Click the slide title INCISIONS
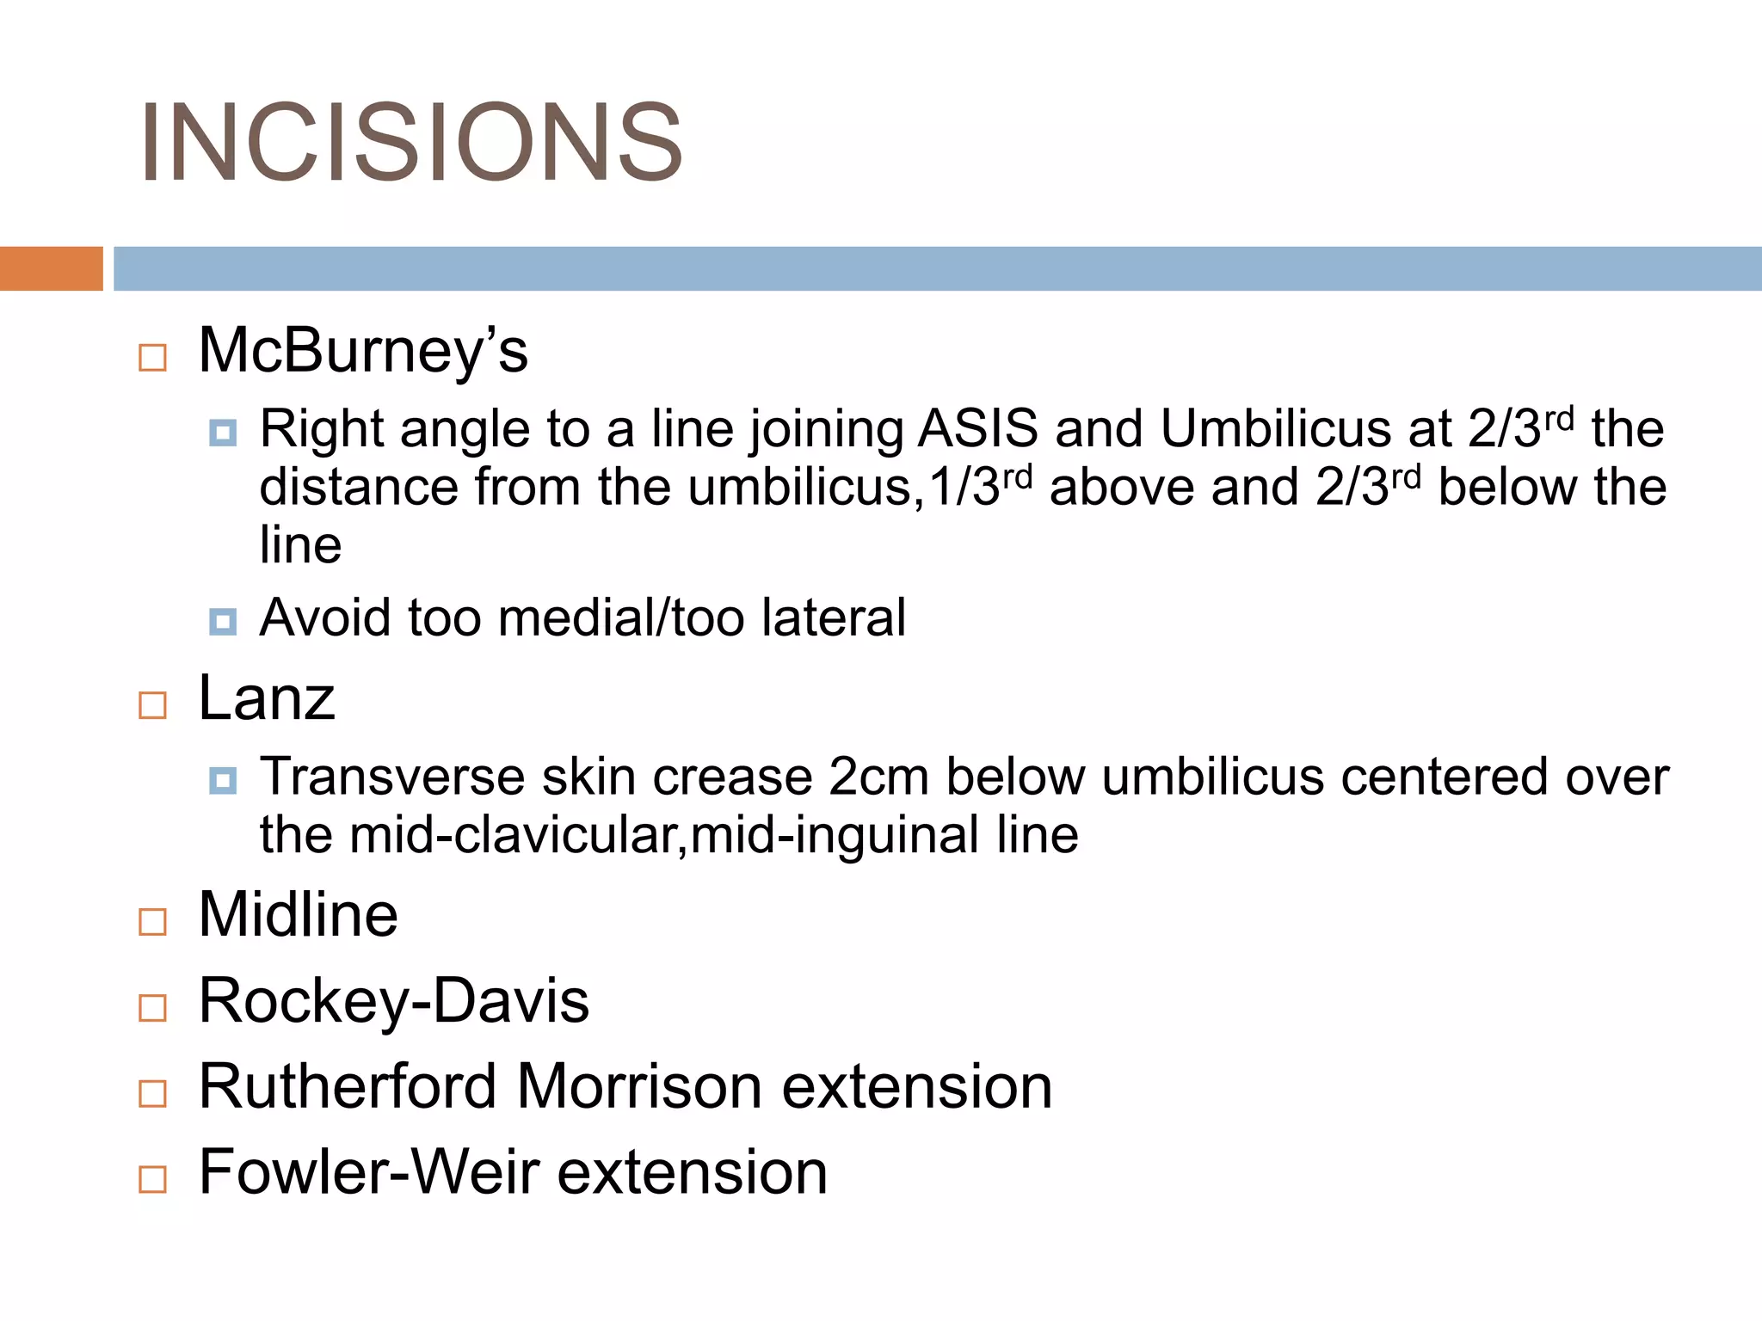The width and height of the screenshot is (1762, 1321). tap(411, 143)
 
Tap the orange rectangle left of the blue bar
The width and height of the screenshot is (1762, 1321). tap(51, 268)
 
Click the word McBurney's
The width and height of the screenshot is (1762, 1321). tap(362, 351)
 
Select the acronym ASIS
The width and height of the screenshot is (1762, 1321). tap(977, 428)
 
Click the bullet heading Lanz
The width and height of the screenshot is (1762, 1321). tap(266, 697)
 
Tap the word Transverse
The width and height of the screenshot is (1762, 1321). tap(392, 777)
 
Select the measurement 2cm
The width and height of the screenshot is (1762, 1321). tap(878, 777)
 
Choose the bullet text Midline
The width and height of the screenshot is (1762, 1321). tap(298, 914)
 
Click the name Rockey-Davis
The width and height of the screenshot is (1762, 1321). tap(393, 1001)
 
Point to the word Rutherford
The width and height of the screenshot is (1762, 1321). tap(348, 1086)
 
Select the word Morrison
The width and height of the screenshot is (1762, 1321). tap(639, 1086)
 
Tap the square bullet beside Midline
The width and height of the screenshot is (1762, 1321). tap(152, 922)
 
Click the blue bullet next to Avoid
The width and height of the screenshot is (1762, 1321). tap(223, 621)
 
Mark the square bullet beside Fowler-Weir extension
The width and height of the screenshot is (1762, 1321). tap(152, 1179)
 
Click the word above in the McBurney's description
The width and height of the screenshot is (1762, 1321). tap(1121, 487)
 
